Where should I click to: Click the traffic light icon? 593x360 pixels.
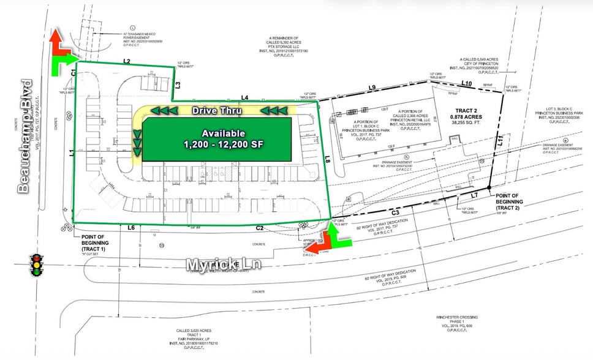pos(38,267)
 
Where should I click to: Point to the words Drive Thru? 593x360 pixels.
pos(216,111)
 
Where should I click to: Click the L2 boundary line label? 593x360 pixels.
pos(127,61)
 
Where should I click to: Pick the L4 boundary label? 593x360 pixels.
pos(244,97)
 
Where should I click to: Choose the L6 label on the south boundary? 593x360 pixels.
pos(130,228)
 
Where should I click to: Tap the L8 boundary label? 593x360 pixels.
pos(328,160)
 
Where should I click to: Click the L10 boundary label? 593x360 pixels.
pos(467,83)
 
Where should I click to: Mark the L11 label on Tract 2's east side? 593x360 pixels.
pos(500,141)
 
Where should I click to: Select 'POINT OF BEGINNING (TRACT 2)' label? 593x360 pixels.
pos(507,202)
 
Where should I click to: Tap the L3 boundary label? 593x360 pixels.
pos(178,86)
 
